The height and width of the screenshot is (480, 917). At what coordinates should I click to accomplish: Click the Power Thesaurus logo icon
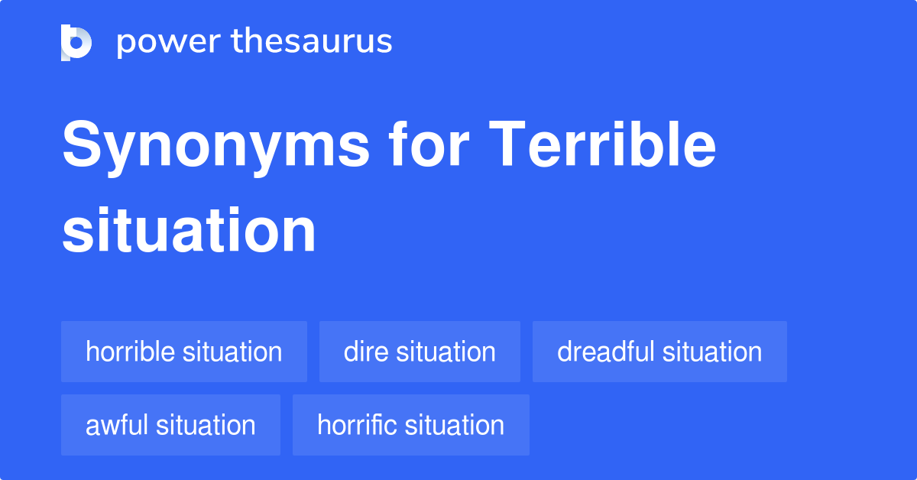[76, 42]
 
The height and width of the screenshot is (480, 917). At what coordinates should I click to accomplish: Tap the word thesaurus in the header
[312, 42]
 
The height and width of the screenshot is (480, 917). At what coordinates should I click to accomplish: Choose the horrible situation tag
[184, 352]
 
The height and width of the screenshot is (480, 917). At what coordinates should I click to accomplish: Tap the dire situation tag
[420, 352]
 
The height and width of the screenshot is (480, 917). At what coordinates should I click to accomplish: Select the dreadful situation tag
[659, 352]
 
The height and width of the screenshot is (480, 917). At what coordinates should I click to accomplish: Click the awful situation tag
[170, 425]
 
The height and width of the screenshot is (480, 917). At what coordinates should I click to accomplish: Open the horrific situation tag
[410, 425]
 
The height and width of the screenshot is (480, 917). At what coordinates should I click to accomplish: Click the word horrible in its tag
[131, 352]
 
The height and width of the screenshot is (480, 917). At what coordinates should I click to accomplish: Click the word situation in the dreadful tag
[712, 352]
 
